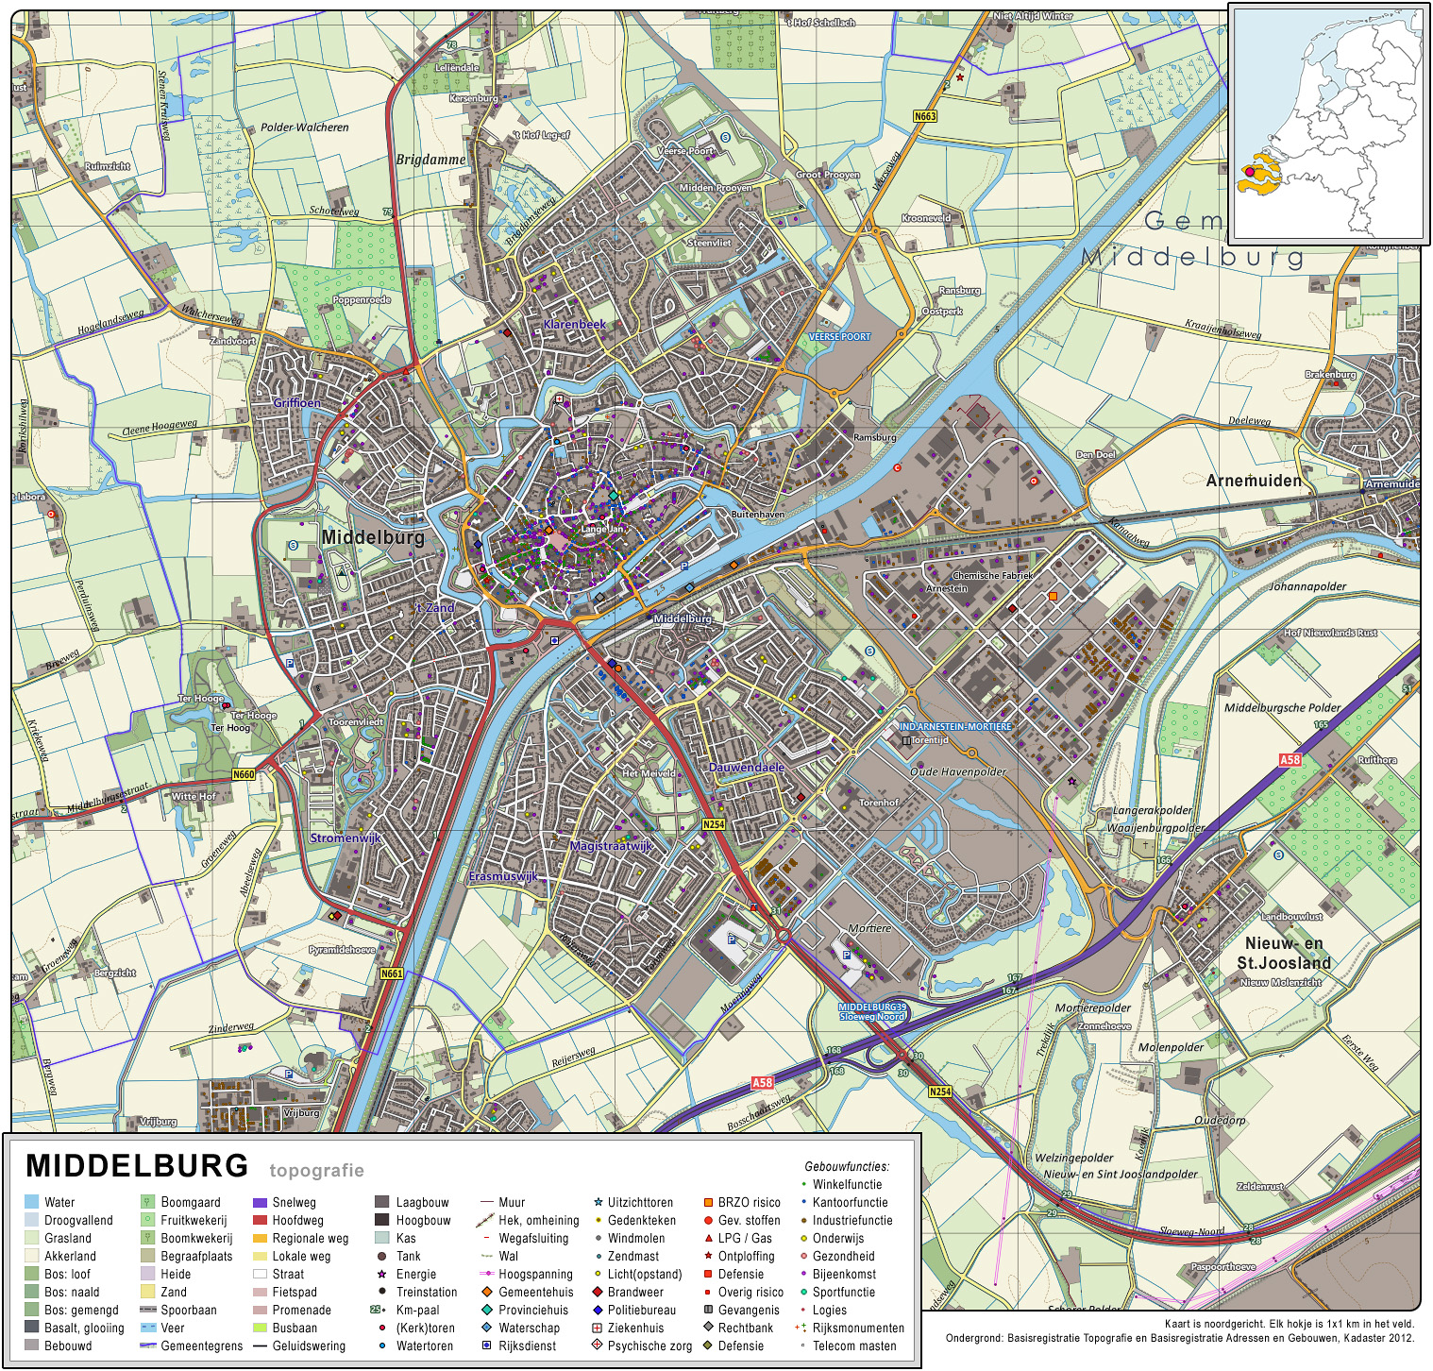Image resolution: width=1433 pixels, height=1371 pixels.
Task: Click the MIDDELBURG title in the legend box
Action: click(x=137, y=1166)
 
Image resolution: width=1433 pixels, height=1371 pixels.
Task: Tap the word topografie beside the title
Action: click(x=316, y=1171)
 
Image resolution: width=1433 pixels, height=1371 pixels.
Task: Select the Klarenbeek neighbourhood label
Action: click(x=574, y=324)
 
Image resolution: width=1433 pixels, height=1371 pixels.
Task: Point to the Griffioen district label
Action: click(x=297, y=403)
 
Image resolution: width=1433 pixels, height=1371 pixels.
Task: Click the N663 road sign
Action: click(x=925, y=116)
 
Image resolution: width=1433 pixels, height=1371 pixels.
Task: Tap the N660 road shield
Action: click(x=244, y=774)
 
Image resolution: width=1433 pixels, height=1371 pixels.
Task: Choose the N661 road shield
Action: click(x=392, y=973)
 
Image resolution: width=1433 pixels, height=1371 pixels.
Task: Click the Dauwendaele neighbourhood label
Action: click(x=747, y=768)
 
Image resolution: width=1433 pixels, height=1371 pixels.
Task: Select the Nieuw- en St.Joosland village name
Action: click(x=1284, y=954)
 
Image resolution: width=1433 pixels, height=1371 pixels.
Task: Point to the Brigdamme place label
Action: click(x=430, y=160)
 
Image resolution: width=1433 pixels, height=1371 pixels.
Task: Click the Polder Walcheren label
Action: click(x=304, y=127)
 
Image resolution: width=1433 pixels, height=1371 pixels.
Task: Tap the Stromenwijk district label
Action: click(x=346, y=838)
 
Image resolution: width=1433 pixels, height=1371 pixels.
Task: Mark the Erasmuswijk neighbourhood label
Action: click(x=503, y=876)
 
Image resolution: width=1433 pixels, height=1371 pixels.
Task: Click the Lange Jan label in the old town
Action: click(x=601, y=530)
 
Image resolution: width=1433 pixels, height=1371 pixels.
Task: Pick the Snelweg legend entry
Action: click(x=294, y=1202)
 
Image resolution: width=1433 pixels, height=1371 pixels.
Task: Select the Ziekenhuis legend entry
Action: click(x=635, y=1328)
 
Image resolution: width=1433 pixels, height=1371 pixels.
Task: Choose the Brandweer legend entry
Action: click(x=635, y=1292)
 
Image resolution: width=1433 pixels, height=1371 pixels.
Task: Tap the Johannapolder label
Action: click(x=1307, y=586)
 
